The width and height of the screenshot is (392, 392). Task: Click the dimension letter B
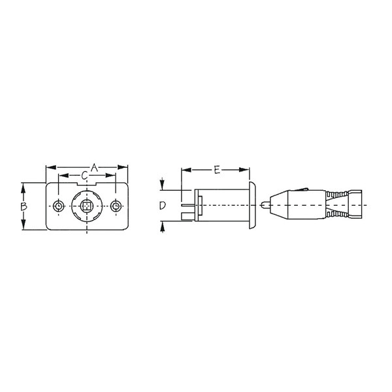pos(23,206)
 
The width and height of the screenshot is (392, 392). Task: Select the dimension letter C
pos(85,176)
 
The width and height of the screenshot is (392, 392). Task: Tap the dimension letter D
pos(162,206)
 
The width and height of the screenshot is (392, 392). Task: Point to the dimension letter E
pos(217,170)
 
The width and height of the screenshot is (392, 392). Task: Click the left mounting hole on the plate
pos(59,206)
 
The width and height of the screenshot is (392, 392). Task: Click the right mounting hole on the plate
pos(116,206)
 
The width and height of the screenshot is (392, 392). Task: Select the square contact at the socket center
pos(88,207)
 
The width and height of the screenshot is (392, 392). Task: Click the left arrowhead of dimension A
pos(48,168)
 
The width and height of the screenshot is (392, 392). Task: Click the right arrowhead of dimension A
pos(126,168)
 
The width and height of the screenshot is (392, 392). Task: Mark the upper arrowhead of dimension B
pos(23,186)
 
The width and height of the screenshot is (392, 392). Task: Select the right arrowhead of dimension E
pos(247,170)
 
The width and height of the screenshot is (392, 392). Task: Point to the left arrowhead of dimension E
pos(184,170)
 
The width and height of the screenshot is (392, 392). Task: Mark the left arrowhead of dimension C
pos(61,176)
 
